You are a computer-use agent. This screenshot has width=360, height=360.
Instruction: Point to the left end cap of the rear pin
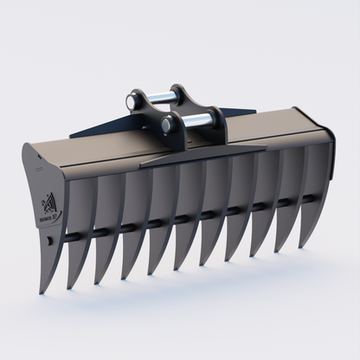pyautogui.click(x=132, y=101)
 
